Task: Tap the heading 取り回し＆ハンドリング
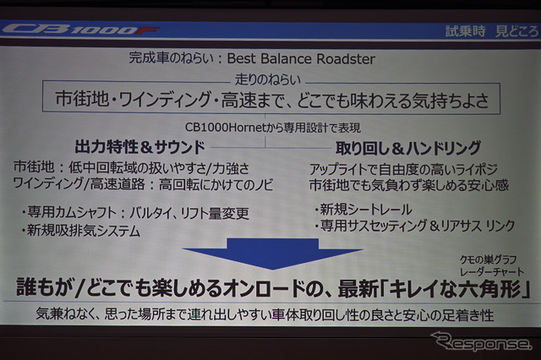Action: tap(396, 146)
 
